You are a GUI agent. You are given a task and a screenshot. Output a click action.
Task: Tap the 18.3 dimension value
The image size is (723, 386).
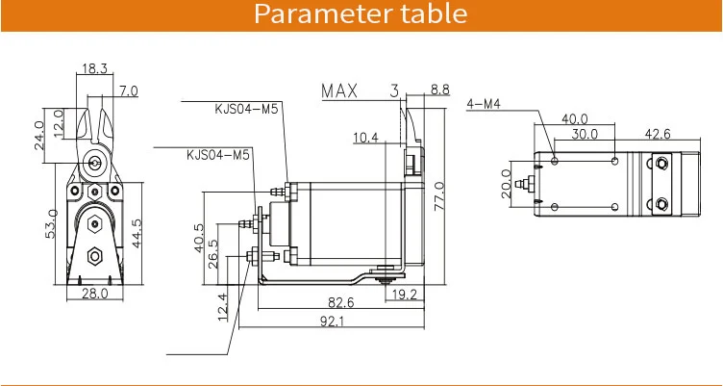95,69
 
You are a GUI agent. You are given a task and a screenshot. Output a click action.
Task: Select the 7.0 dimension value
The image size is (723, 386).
128,91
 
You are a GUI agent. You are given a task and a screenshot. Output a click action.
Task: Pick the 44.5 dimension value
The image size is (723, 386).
137,233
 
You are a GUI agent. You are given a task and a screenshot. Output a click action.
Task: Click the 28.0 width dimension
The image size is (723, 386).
93,294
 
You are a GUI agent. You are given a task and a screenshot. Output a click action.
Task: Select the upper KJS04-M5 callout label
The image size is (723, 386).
245,109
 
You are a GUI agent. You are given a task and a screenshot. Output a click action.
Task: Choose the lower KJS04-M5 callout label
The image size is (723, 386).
218,154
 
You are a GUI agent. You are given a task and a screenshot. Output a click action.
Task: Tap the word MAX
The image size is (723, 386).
339,92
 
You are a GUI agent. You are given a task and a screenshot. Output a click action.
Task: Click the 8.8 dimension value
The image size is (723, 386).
438,90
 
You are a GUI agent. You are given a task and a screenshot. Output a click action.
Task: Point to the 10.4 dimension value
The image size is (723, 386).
365,139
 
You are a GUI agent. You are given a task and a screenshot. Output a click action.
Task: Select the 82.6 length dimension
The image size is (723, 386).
337,302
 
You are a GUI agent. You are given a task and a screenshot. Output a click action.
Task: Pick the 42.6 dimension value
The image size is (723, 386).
657,134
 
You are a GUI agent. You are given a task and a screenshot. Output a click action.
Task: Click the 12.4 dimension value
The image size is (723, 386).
224,308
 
